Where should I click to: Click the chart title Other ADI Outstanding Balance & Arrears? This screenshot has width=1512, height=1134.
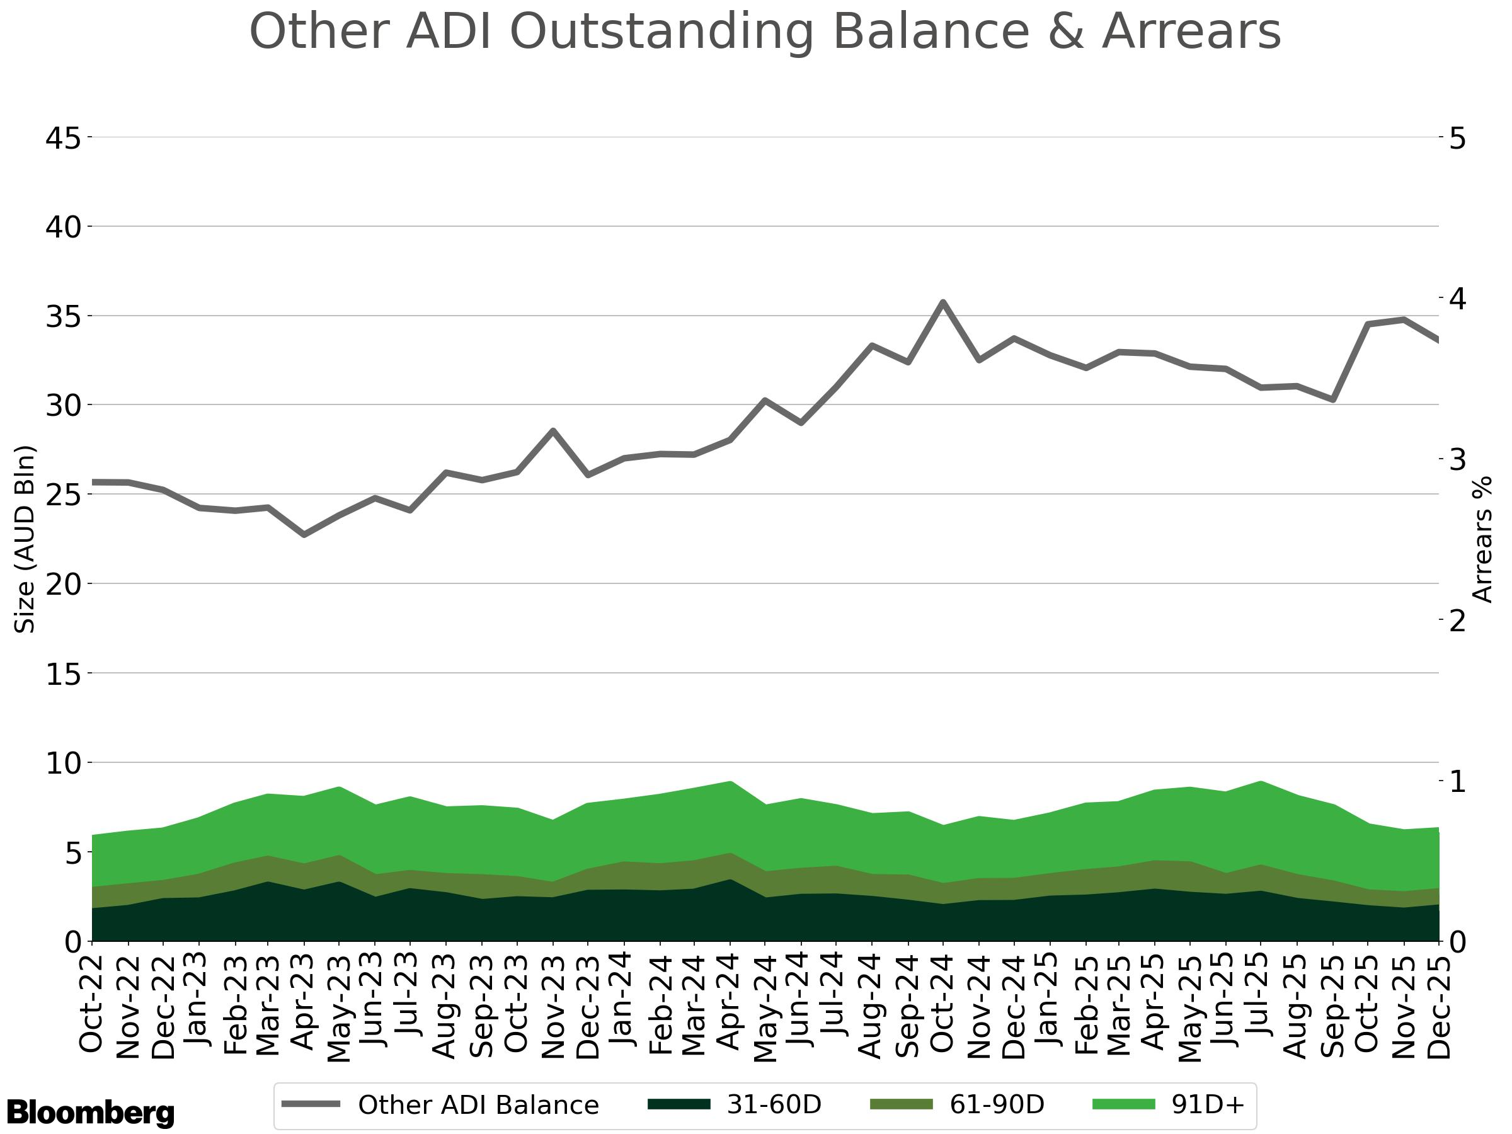764,32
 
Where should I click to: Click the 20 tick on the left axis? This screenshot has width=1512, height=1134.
63,585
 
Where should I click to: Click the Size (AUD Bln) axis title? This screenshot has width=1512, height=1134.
25,539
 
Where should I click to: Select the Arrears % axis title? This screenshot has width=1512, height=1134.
1482,539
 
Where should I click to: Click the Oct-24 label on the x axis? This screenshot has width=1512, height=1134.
942,1004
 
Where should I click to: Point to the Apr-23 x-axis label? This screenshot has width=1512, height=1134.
304,1002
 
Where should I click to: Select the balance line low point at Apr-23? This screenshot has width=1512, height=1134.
304,534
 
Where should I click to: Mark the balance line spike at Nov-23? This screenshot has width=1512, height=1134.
553,431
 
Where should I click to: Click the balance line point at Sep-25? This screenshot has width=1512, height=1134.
1332,400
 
